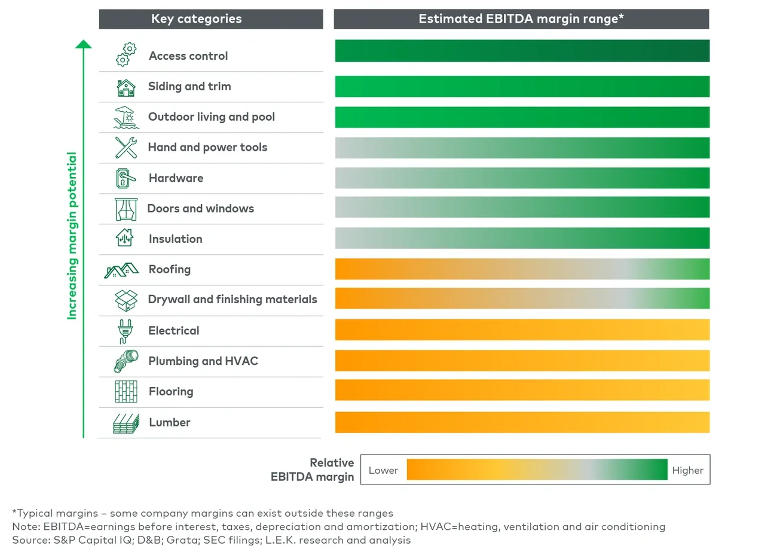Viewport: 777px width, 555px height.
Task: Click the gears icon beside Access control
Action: coord(126,54)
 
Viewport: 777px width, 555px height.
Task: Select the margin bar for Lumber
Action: coord(522,422)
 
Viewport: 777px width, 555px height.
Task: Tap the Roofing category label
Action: coord(169,269)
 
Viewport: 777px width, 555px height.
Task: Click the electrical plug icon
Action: coord(126,331)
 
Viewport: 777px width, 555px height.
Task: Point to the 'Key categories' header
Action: coord(196,19)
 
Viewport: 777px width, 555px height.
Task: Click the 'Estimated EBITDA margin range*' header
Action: coord(521,19)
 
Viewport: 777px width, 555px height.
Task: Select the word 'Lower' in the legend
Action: coord(383,470)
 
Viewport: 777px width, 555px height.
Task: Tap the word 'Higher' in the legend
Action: coord(687,470)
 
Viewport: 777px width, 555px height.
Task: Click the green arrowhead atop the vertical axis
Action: coord(84,44)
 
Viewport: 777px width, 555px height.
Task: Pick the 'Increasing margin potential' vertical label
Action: coord(72,236)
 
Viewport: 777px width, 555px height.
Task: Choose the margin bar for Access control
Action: coord(522,51)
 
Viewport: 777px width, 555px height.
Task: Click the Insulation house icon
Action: coord(124,238)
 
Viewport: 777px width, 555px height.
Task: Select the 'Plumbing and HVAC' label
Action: coord(203,361)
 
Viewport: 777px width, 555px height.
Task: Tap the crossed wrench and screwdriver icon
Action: coord(126,147)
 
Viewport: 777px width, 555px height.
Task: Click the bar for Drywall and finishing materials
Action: coord(522,298)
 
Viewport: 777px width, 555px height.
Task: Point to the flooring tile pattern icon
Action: coord(126,392)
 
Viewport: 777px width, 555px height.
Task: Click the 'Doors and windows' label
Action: coord(201,208)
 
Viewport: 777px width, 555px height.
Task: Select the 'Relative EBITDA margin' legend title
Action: coord(313,469)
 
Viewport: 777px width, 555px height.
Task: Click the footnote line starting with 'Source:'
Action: coord(211,540)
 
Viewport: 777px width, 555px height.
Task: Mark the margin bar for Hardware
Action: coord(522,178)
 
